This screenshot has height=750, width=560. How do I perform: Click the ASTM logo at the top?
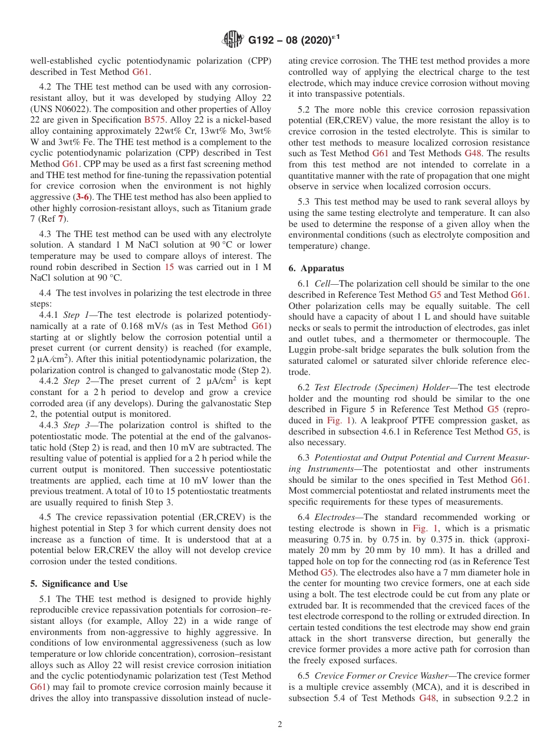[232, 40]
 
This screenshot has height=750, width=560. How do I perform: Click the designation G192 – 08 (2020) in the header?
[293, 40]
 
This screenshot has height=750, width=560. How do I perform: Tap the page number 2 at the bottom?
[280, 724]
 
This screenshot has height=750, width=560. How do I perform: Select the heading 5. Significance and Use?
[78, 584]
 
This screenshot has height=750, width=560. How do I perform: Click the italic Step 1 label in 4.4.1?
[75, 315]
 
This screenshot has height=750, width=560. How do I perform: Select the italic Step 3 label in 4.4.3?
[75, 425]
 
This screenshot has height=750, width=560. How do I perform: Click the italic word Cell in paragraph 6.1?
[322, 284]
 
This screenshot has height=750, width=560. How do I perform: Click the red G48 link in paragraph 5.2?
[474, 153]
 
